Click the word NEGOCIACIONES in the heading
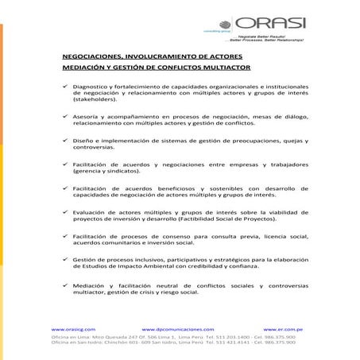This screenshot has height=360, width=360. click(x=94, y=58)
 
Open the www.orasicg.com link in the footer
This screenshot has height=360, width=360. click(x=73, y=328)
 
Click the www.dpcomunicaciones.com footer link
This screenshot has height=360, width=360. click(x=178, y=328)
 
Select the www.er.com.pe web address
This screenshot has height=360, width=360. click(x=288, y=328)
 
